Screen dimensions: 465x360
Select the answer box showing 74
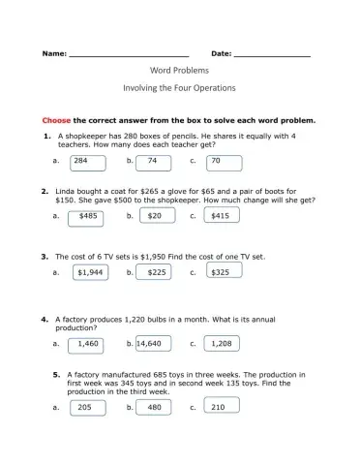(x=154, y=161)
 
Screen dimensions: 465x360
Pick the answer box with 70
(x=224, y=161)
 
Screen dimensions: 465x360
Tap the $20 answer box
(x=154, y=216)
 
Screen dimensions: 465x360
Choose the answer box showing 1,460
(x=87, y=343)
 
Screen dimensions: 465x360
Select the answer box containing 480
(x=154, y=408)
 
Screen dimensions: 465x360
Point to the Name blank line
(x=129, y=53)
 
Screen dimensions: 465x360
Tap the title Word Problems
(x=179, y=72)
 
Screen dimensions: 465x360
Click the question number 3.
(x=45, y=257)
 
